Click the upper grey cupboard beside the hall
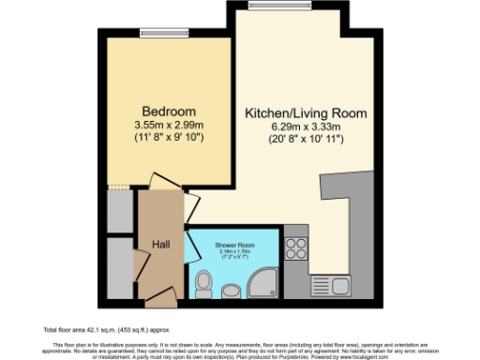(x=119, y=212)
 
